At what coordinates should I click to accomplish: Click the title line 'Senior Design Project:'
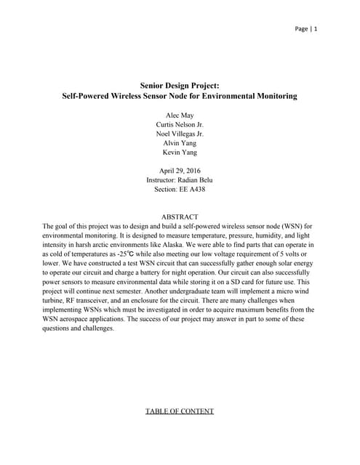[x=180, y=85]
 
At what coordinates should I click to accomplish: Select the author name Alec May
[x=180, y=115]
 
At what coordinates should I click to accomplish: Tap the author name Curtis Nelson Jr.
[x=180, y=124]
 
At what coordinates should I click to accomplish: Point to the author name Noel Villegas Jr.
[x=180, y=134]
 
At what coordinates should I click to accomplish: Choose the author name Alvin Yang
[x=180, y=143]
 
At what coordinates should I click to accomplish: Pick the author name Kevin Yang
[x=180, y=153]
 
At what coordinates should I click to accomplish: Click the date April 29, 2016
[x=180, y=170]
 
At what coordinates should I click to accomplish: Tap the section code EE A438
[x=194, y=189]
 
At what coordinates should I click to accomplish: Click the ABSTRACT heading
[x=180, y=217]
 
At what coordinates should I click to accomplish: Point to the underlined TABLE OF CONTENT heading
[x=180, y=411]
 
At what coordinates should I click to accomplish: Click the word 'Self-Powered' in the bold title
[x=89, y=96]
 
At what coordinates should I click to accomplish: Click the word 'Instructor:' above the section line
[x=163, y=179]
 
